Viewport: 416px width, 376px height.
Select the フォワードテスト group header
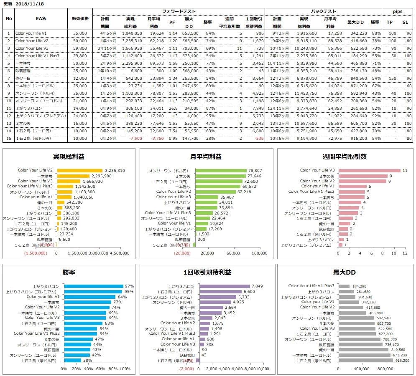tap(179, 12)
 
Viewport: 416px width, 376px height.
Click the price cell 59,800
tap(80, 48)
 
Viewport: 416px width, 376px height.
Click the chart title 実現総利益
tap(69, 156)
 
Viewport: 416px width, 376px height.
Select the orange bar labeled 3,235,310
tap(79, 170)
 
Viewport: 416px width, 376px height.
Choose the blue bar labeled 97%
tap(94, 286)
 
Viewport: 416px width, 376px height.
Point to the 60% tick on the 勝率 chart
tap(101, 369)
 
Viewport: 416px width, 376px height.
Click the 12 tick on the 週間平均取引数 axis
tap(404, 253)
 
